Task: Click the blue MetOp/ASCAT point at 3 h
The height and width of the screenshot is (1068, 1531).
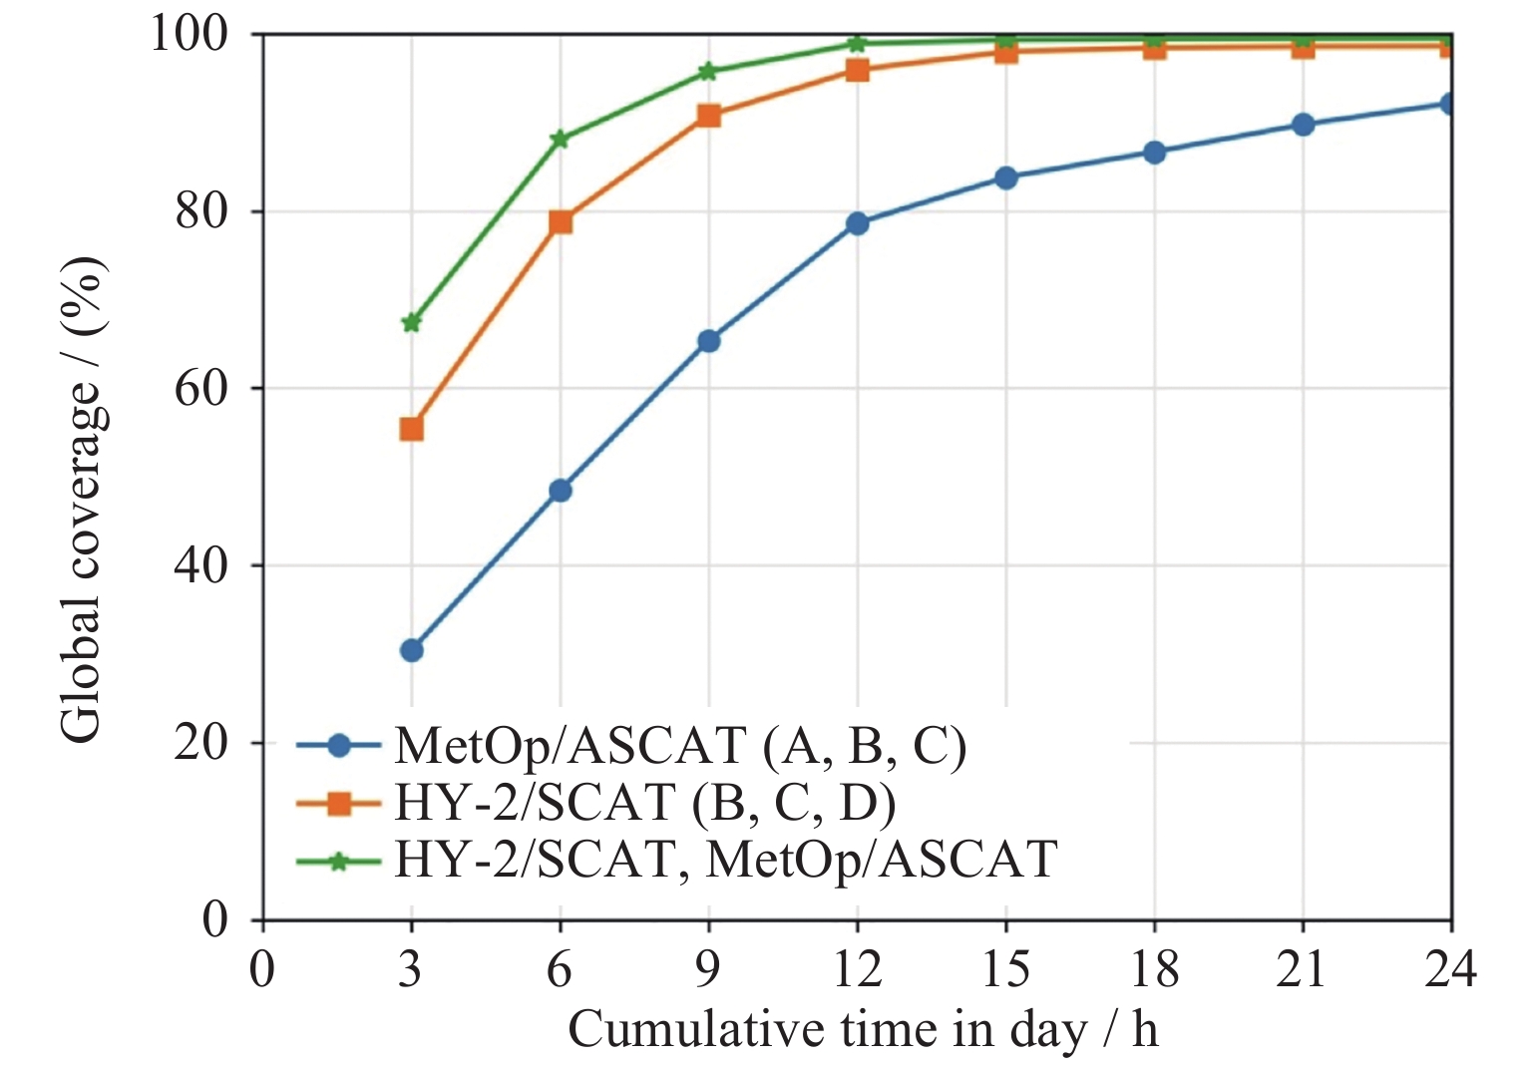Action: pyautogui.click(x=411, y=650)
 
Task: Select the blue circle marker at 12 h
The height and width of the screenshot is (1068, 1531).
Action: pyautogui.click(x=857, y=223)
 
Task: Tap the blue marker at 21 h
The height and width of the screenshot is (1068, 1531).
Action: pyautogui.click(x=1303, y=125)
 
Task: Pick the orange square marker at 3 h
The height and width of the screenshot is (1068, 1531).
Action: pyautogui.click(x=411, y=429)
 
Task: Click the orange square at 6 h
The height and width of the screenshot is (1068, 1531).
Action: pyautogui.click(x=561, y=221)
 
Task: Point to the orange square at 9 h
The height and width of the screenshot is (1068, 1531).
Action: pyautogui.click(x=709, y=116)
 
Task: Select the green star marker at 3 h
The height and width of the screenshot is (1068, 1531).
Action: pyautogui.click(x=411, y=322)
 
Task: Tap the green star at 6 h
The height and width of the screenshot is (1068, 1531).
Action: pyautogui.click(x=561, y=139)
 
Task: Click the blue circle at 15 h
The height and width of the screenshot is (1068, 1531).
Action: pyautogui.click(x=1005, y=178)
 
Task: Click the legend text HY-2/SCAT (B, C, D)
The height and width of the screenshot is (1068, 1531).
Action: pyautogui.click(x=644, y=803)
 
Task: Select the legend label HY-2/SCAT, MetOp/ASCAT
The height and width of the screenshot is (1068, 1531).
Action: pyautogui.click(x=725, y=860)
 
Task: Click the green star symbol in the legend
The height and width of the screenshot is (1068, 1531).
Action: pyautogui.click(x=339, y=861)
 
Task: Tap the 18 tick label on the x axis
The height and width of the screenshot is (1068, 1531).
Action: pyautogui.click(x=1154, y=969)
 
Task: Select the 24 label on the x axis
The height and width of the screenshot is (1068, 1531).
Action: pyautogui.click(x=1450, y=969)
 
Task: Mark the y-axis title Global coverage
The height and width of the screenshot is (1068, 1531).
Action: pyautogui.click(x=82, y=499)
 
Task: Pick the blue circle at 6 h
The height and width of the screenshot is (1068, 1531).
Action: pyautogui.click(x=561, y=490)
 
